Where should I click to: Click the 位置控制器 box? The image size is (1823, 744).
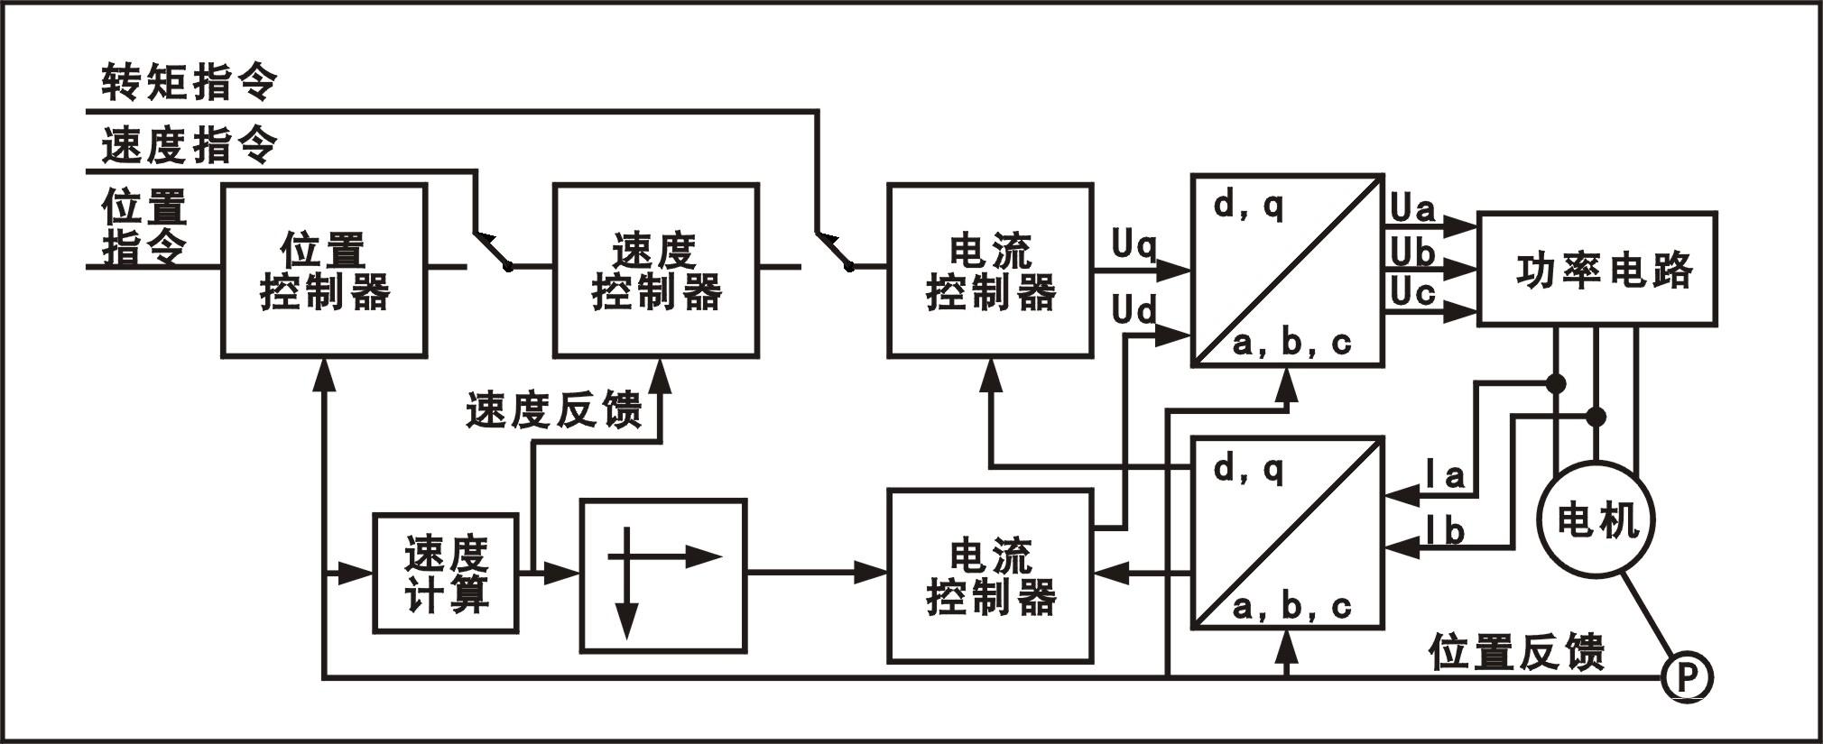tap(324, 271)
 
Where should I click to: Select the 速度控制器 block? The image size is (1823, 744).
tap(655, 271)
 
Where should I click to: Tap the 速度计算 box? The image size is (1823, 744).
tap(446, 574)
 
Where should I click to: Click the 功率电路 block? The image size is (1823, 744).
tap(1596, 269)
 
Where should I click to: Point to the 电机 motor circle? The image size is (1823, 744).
tap(1596, 520)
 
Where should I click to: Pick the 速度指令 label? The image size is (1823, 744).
tap(189, 145)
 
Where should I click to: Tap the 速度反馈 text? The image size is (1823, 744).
tap(553, 410)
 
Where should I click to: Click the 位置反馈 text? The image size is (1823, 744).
tap(1516, 651)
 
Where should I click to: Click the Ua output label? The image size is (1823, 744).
tap(1412, 209)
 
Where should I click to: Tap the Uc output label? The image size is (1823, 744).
tap(1412, 292)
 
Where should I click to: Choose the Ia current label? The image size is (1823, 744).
tap(1445, 474)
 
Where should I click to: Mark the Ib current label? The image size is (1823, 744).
tap(1445, 531)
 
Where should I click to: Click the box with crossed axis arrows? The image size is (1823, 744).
tap(663, 575)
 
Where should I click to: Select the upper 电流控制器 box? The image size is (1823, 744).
tap(990, 271)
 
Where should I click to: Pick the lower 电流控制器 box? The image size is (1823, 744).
tap(990, 576)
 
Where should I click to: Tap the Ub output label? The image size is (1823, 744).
tap(1412, 253)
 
